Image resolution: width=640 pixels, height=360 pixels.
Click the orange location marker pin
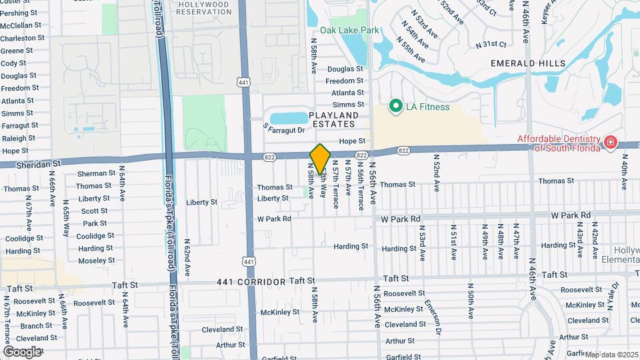320,159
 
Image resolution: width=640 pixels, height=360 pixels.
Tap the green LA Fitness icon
395,106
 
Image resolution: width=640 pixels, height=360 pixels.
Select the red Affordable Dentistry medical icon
609,142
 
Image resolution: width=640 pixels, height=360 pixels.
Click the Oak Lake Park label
349,30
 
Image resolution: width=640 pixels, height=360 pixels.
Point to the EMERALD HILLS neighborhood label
527,63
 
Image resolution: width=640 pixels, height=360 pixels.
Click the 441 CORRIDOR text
251,282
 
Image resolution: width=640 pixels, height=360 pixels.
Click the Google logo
22,351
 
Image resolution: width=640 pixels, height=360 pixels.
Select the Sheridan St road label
31,163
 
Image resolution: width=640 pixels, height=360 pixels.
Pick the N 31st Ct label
491,44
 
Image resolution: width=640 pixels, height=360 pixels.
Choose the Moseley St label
95,261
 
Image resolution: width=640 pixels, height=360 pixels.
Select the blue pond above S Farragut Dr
289,118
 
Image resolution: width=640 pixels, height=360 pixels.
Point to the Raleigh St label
19,138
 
